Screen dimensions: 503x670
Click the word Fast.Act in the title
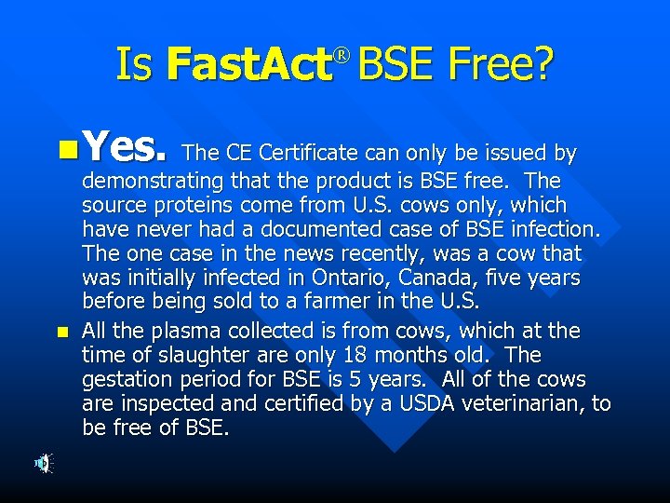coord(249,65)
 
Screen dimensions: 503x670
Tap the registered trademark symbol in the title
coord(341,58)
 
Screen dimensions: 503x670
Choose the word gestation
coord(126,379)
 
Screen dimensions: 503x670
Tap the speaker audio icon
coord(44,463)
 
